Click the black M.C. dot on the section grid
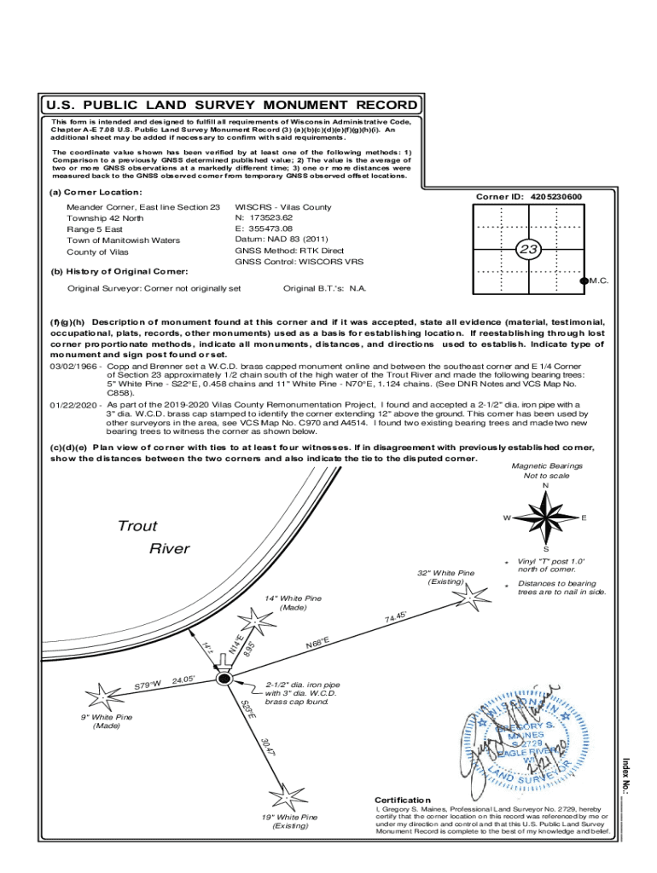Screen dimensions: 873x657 tap(584, 280)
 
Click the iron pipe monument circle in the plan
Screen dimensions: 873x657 tap(224, 679)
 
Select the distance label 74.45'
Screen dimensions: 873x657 tap(396, 616)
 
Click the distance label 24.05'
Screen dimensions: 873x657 tap(185, 679)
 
